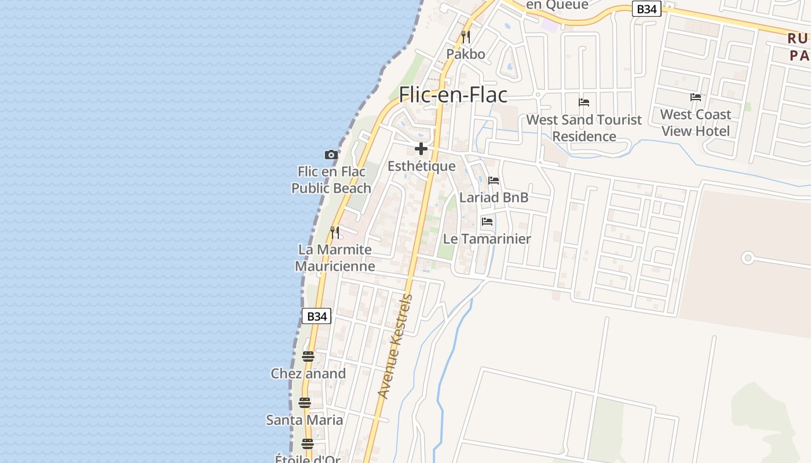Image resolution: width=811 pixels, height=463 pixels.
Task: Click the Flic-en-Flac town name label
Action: [x=453, y=95]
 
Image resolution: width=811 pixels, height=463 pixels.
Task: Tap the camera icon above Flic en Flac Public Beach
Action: [x=331, y=155]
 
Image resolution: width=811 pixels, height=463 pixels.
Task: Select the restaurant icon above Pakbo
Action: [x=465, y=37]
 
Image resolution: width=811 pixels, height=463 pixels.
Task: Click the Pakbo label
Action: [x=465, y=54]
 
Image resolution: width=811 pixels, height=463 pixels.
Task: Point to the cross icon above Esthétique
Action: [x=421, y=149]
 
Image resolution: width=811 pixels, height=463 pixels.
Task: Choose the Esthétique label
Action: [x=421, y=167]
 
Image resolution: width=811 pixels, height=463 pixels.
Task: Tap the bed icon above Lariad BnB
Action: [x=494, y=181]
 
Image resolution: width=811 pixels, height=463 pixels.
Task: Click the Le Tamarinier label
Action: [x=487, y=238]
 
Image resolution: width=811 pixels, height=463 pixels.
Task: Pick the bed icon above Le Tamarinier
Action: [x=487, y=221]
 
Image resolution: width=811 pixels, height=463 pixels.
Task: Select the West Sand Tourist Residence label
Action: [x=584, y=128]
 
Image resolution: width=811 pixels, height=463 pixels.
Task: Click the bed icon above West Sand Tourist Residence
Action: [x=584, y=102]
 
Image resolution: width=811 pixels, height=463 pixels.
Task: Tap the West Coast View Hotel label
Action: [x=695, y=123]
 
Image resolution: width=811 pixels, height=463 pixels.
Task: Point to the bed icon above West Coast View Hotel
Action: [x=696, y=97]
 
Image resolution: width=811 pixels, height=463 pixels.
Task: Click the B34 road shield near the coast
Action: [x=317, y=316]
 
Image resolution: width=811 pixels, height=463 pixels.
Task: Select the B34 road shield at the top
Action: [x=646, y=9]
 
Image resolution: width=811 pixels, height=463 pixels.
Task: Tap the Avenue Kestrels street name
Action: [x=396, y=346]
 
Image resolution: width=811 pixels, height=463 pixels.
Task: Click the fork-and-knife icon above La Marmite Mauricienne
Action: [x=335, y=233]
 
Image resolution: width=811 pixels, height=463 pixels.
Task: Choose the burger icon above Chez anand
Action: [x=308, y=357]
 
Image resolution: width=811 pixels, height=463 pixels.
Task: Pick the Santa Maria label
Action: [x=304, y=420]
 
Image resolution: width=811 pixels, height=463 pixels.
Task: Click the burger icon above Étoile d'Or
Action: [x=308, y=444]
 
